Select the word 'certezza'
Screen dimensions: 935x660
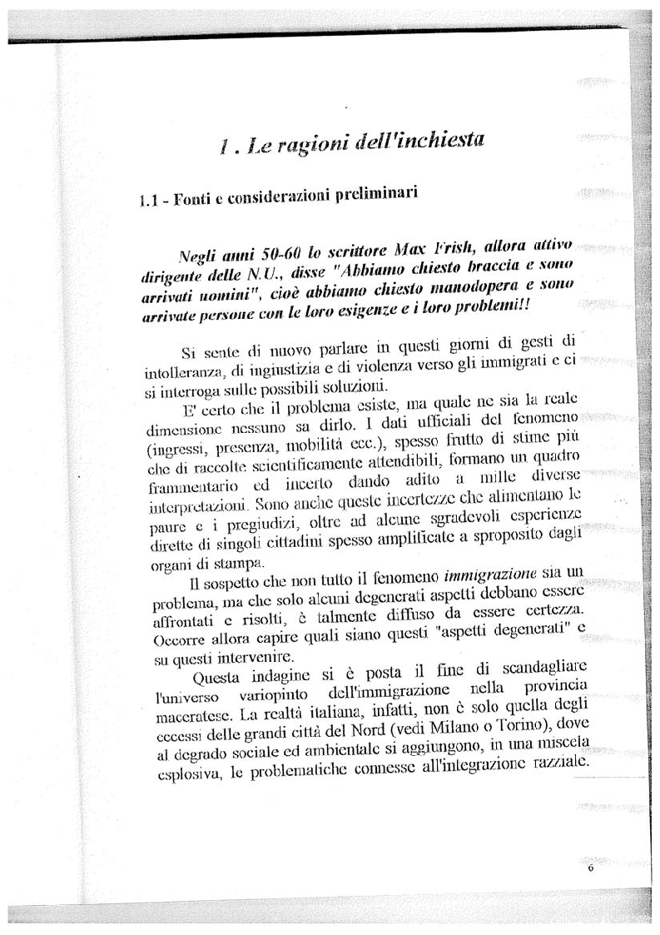point(549,620)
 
